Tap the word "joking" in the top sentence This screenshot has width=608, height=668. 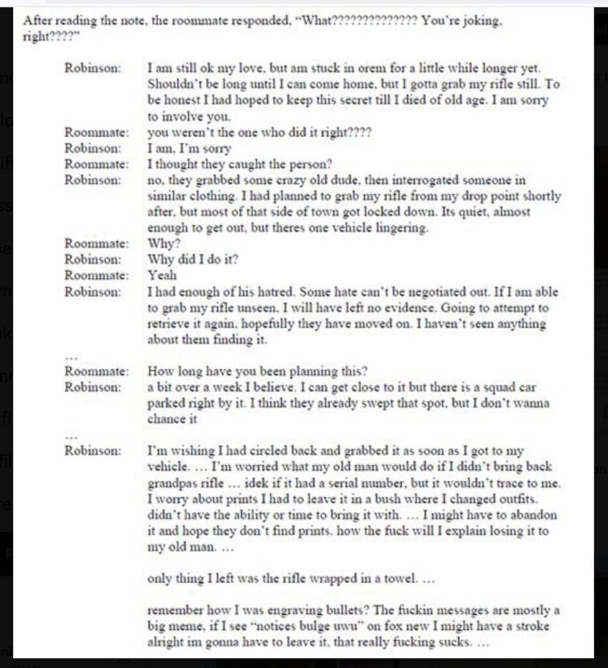(481, 20)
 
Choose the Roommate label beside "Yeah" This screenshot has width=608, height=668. (97, 276)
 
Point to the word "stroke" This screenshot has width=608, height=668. (531, 627)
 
